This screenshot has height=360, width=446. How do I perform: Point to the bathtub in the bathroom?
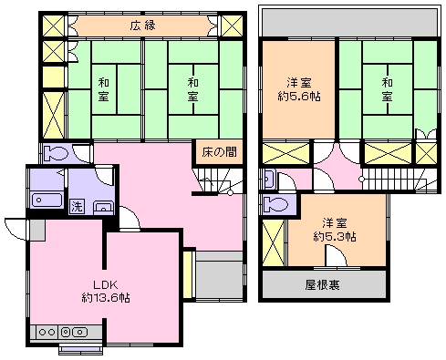(46, 201)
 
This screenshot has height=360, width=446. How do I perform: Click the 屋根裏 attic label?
(323, 284)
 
